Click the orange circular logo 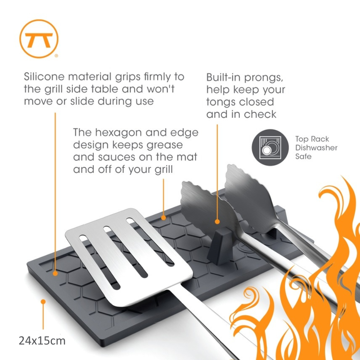39,39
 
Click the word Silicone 44,77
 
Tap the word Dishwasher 316,148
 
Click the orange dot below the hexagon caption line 163,217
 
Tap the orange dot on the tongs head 217,222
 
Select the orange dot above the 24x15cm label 43,301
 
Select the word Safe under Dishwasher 303,156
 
